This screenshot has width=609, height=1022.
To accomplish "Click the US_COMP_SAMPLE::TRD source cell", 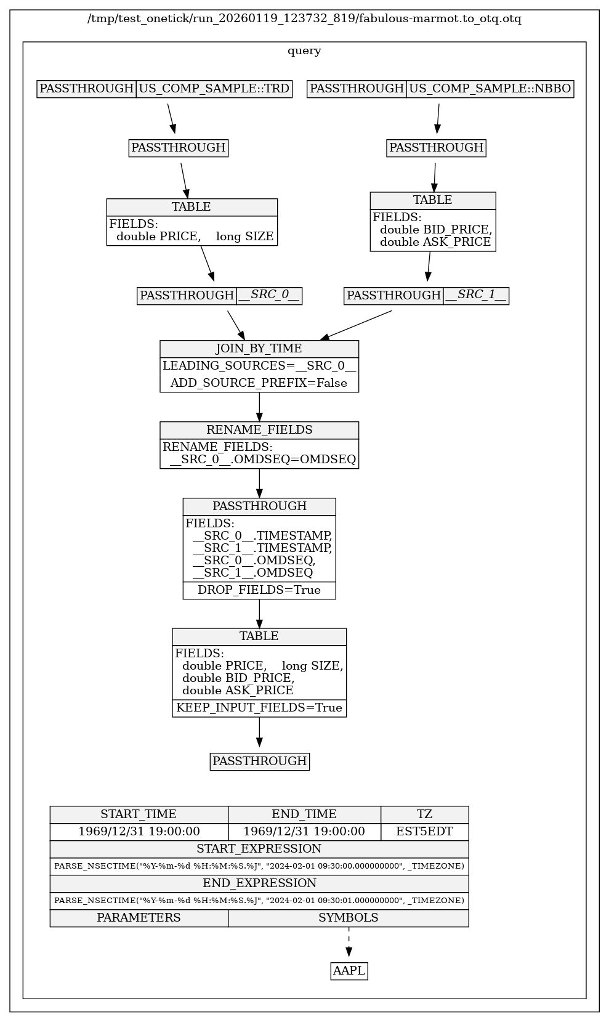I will (214, 89).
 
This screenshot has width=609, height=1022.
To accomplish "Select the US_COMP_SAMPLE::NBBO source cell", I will (490, 89).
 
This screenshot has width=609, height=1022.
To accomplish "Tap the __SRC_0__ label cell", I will (269, 296).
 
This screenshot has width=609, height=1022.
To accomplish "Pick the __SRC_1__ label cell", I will (476, 296).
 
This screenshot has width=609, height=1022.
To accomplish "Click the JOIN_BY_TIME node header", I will (259, 349).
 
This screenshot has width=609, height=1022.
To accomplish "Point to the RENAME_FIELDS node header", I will (259, 430).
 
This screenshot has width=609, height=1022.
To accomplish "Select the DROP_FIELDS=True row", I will (259, 590).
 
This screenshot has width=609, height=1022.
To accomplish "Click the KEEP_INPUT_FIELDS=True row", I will (259, 708).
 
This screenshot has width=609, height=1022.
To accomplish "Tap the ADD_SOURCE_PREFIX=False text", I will (259, 383).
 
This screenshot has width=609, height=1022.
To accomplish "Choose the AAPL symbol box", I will (349, 971).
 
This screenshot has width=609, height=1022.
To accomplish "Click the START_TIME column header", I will (139, 814).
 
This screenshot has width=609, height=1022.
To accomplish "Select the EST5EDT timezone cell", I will (424, 832).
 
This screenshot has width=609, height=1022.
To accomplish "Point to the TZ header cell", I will (424, 814).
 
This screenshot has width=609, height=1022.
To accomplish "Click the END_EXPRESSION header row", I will (259, 883).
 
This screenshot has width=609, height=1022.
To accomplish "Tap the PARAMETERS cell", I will (139, 918).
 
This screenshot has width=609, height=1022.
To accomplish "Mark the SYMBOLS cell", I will (348, 918).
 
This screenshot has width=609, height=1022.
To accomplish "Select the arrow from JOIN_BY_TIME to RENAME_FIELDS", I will (259, 407).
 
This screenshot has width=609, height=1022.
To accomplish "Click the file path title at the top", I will (304, 19).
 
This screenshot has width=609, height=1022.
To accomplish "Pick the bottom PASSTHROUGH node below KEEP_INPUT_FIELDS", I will (259, 761).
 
